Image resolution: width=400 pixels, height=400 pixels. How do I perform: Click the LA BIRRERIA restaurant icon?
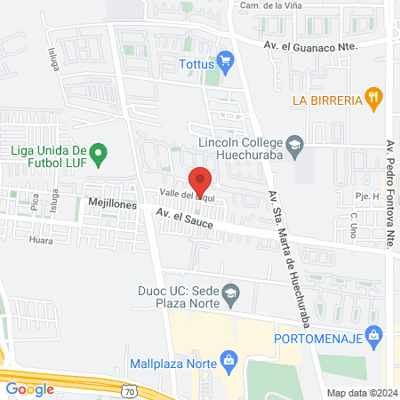click(x=375, y=98)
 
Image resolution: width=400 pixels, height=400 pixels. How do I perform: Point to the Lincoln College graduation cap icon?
click(x=294, y=142)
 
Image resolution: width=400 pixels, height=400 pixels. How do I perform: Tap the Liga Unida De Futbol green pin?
click(x=100, y=153)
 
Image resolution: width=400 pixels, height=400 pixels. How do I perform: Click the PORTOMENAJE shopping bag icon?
click(x=375, y=335)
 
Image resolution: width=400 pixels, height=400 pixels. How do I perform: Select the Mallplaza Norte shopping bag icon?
click(x=229, y=359)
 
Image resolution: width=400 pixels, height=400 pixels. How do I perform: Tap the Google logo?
click(x=29, y=388)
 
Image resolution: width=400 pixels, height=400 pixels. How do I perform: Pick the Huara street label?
click(x=41, y=239)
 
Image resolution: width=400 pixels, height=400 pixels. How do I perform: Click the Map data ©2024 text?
click(x=360, y=393)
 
